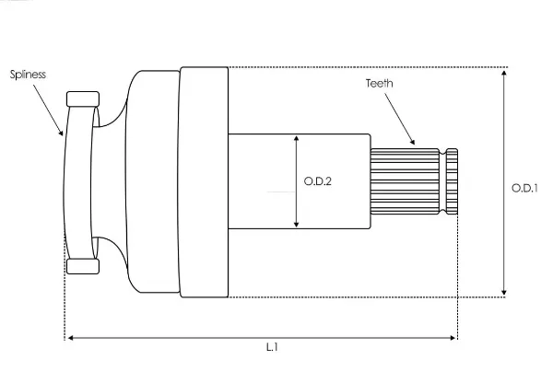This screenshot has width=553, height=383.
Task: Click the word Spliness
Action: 28,75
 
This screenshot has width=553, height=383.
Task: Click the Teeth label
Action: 379,83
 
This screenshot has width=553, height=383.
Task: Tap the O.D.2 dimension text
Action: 317,181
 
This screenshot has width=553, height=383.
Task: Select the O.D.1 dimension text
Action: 524,188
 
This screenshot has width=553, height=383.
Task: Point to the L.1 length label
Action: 272,347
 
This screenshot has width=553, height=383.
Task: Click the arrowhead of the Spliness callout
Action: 61,133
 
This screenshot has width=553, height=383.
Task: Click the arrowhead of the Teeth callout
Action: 412,142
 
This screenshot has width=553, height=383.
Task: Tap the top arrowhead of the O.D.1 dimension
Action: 504,73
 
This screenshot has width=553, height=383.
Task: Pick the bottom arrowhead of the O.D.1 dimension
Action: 504,292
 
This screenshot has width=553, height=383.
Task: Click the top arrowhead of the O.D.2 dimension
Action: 296,138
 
